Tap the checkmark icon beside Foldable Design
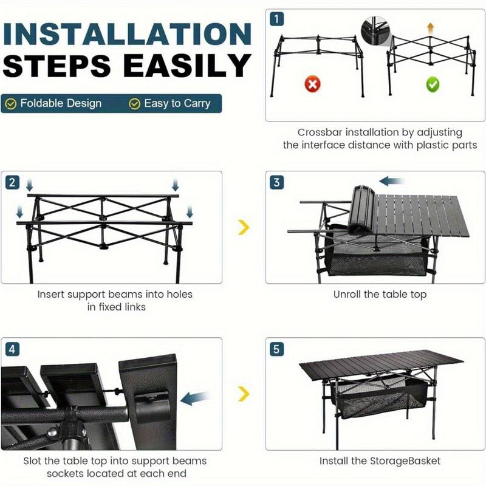point(10,104)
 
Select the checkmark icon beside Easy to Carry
point(134,104)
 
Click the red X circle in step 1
point(312,84)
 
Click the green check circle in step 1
point(432,84)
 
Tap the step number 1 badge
point(277,19)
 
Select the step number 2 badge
point(12,182)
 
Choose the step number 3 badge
point(277,182)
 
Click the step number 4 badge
point(12,349)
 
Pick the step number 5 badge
point(277,349)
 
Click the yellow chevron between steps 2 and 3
point(243,227)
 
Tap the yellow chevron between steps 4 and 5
point(243,394)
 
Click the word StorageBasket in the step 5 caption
point(407,461)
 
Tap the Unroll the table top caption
point(380,295)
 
